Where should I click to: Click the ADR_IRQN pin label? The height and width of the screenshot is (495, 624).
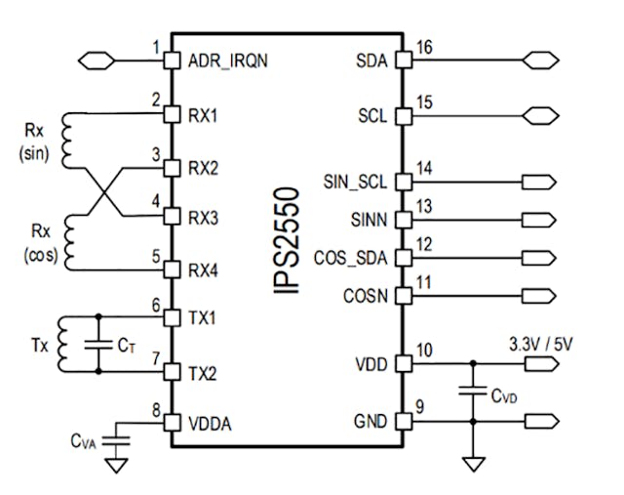(227, 61)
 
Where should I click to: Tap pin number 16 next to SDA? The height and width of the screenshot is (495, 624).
(423, 47)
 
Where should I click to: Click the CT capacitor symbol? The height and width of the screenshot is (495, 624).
(98, 344)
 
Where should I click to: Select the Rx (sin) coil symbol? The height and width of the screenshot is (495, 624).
(68, 138)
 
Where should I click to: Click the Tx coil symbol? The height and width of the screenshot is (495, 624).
(65, 344)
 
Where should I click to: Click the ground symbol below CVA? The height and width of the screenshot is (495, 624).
(117, 466)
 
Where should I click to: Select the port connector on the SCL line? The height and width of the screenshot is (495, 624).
(539, 115)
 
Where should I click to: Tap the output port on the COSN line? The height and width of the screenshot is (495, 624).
(538, 295)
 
